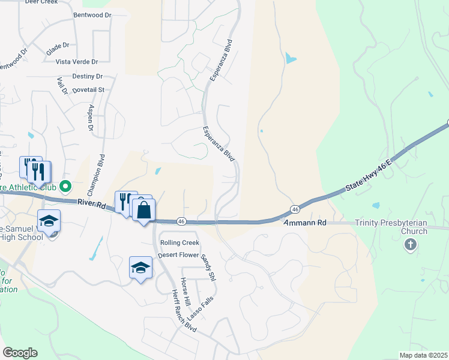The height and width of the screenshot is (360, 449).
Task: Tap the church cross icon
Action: (x=411, y=244)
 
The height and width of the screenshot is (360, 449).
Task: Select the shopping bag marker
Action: (x=144, y=211)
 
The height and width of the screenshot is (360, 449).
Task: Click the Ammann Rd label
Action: (x=304, y=223)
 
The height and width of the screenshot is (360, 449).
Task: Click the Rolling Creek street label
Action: (x=179, y=242)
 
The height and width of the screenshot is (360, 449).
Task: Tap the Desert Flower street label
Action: (x=178, y=255)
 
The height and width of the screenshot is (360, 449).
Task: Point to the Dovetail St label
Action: (x=88, y=89)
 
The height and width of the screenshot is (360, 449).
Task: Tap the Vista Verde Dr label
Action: (x=76, y=62)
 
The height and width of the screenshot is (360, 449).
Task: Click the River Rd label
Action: (x=91, y=205)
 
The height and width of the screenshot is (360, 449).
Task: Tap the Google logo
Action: (x=20, y=353)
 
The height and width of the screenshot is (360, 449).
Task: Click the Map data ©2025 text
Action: (x=423, y=355)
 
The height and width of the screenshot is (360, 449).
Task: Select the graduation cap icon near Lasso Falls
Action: (x=140, y=267)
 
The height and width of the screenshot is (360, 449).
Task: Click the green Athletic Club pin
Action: (x=67, y=186)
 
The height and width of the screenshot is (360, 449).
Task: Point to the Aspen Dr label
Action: (x=91, y=117)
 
